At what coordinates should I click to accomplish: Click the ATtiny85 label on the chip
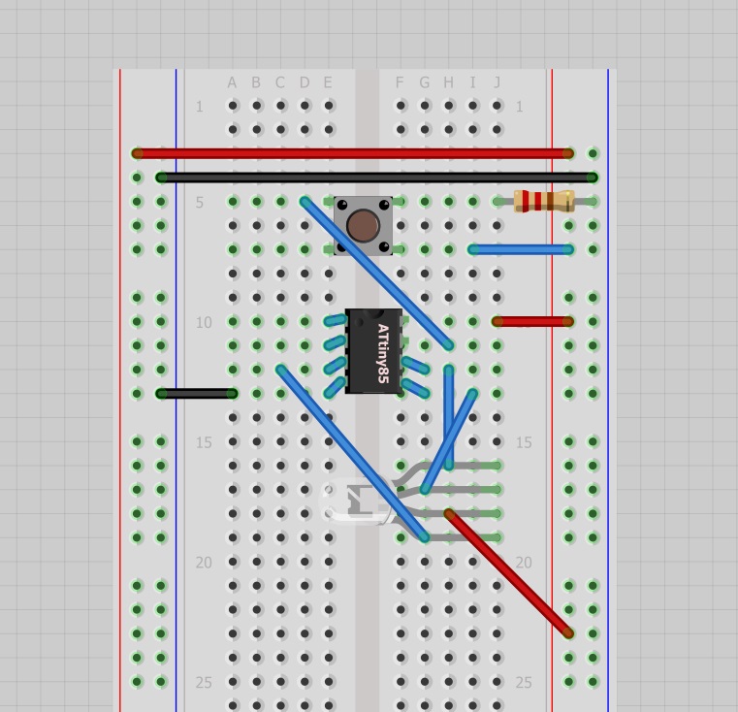[383, 353]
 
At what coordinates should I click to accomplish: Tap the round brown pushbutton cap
[363, 225]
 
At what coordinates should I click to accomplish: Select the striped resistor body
[544, 202]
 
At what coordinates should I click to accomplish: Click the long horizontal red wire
[354, 153]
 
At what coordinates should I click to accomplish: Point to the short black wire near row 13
[197, 393]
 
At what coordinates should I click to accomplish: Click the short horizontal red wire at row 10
[533, 321]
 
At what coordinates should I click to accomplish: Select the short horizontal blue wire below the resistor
[521, 249]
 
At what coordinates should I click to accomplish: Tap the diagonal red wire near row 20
[509, 573]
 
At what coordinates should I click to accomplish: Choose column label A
[233, 83]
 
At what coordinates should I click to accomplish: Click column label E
[328, 83]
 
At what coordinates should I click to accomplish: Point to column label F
[400, 83]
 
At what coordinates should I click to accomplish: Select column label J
[497, 83]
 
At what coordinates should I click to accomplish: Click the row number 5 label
[200, 203]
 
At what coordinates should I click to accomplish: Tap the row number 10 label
[203, 322]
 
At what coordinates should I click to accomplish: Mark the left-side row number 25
[203, 682]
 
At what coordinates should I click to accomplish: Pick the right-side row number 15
[524, 442]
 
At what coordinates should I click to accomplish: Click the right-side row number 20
[524, 563]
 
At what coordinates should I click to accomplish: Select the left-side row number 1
[200, 107]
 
